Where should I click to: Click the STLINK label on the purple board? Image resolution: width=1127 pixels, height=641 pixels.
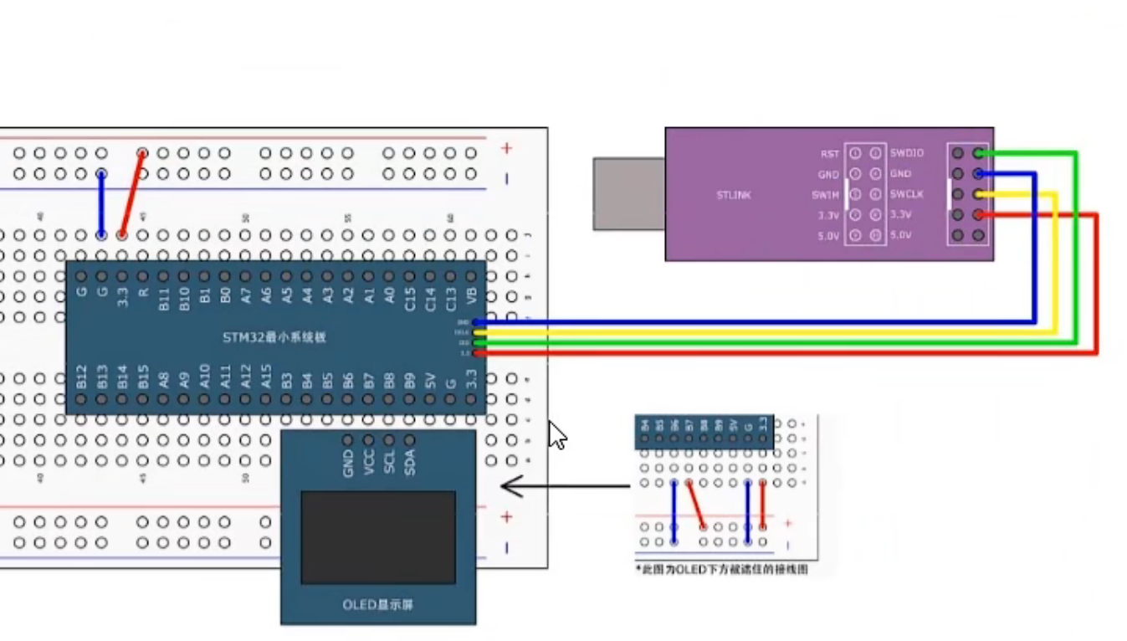[733, 195]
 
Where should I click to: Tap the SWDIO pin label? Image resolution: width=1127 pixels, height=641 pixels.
[907, 153]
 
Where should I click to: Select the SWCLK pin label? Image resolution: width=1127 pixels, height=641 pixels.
[907, 194]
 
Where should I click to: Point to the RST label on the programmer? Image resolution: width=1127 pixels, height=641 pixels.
[829, 154]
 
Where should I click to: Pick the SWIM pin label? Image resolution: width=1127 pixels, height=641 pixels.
[827, 194]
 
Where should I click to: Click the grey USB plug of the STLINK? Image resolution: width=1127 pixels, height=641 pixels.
[628, 193]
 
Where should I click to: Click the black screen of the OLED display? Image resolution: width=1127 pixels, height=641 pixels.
[378, 536]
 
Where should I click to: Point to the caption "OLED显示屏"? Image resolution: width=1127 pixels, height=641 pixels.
[377, 604]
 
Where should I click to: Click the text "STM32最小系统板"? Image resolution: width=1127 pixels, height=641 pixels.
[274, 337]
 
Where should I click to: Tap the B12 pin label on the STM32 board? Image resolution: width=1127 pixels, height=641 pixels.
[81, 377]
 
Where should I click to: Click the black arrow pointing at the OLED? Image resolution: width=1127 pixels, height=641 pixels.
[564, 485]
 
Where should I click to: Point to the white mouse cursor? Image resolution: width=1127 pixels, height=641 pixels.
[557, 435]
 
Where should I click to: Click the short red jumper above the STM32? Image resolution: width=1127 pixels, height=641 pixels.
[132, 194]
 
